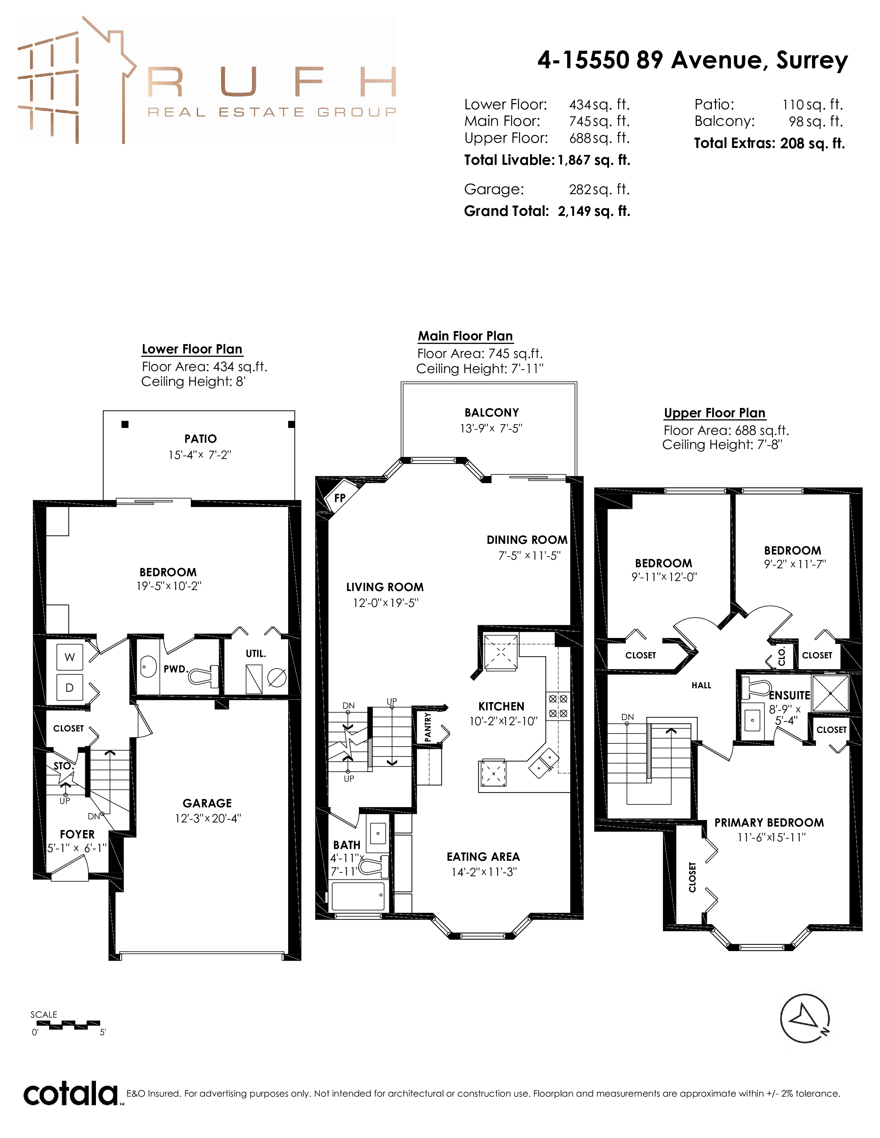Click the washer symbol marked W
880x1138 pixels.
pos(69,657)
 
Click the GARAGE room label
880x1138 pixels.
pos(207,803)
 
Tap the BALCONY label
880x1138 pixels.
pos(492,413)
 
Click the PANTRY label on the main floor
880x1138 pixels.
pos(428,727)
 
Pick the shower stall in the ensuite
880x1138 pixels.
pos(830,693)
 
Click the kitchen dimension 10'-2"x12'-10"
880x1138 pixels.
pos(503,721)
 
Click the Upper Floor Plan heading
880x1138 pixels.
pos(715,413)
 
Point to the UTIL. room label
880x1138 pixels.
pos(256,653)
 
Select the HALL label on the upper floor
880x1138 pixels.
pos(701,685)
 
